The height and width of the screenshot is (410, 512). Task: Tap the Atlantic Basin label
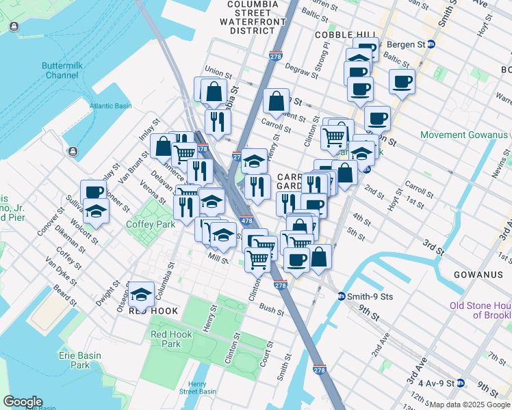click(110, 106)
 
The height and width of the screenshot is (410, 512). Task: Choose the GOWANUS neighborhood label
click(478, 275)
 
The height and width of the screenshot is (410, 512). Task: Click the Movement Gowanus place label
click(463, 135)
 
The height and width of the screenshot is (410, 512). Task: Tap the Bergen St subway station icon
click(431, 44)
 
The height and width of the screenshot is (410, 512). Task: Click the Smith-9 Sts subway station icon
click(341, 297)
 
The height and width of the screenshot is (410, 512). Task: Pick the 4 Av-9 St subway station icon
click(461, 383)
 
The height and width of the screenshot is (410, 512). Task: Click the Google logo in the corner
click(23, 402)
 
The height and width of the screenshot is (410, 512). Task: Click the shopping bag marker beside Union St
click(214, 90)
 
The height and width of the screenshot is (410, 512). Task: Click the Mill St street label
click(218, 257)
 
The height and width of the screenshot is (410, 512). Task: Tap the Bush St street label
click(271, 309)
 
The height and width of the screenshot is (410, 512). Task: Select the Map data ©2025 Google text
click(469, 405)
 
